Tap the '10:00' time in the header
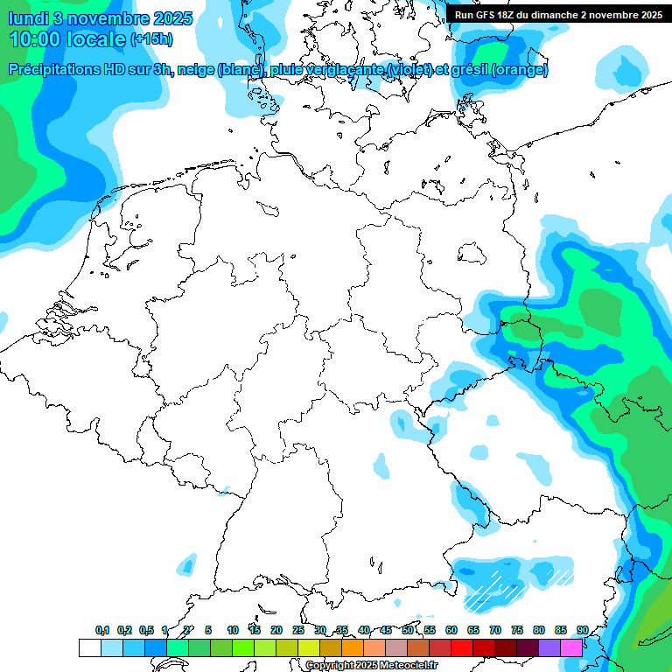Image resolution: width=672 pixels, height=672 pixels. (36, 39)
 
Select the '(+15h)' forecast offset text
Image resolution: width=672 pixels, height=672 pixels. (152, 40)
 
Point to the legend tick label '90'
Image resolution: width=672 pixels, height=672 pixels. (582, 630)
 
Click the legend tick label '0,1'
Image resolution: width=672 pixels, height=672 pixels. (102, 630)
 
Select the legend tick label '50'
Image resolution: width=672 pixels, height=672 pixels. (408, 630)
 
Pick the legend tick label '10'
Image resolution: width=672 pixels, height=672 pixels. (233, 630)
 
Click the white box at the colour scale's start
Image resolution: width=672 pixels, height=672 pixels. (89, 647)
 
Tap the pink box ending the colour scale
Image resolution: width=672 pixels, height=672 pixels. (571, 647)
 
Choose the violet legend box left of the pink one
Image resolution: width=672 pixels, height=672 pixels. (549, 647)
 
